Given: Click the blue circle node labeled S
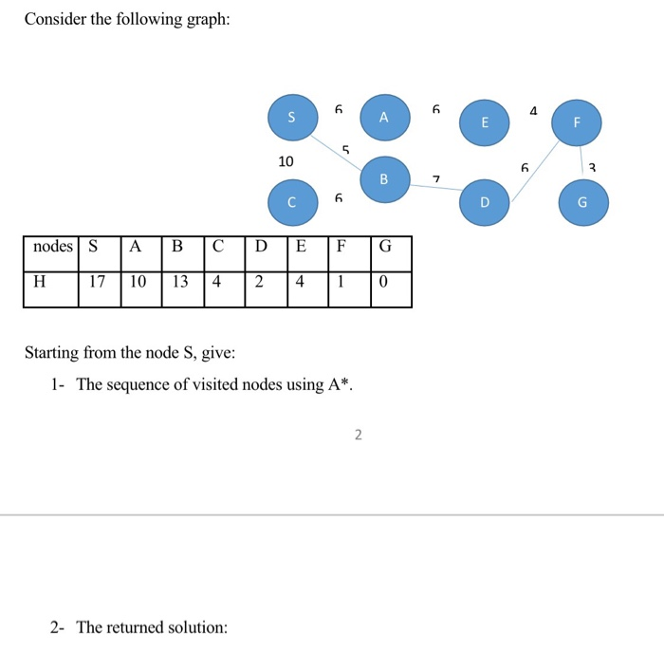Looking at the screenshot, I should (291, 118).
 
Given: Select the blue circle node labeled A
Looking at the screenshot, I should (383, 118).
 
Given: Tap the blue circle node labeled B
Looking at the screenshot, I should (384, 178).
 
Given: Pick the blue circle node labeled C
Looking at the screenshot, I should (291, 201).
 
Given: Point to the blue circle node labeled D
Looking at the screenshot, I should (485, 202).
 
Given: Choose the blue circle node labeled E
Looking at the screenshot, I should (485, 123).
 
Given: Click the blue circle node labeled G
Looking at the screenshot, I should (582, 202).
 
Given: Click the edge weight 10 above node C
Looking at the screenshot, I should (286, 161).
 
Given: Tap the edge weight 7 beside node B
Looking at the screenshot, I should (435, 179).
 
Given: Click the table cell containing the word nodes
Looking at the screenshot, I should (52, 247).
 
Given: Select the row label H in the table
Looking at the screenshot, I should (39, 282).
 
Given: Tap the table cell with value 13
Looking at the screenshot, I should (181, 282).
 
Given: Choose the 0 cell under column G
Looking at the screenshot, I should (383, 282).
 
